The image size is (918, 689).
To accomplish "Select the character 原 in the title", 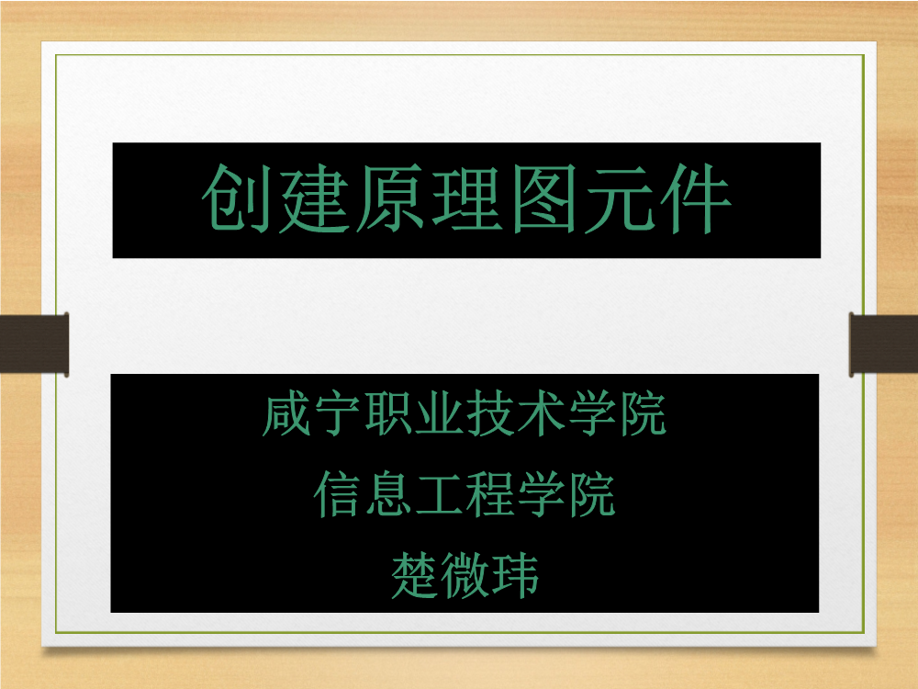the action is [x=389, y=198].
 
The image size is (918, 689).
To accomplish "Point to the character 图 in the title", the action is [x=543, y=198].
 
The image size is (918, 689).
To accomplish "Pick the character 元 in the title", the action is [x=620, y=198].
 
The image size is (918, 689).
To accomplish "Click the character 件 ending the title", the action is [x=696, y=198].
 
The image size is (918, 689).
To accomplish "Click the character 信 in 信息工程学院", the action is [x=337, y=494].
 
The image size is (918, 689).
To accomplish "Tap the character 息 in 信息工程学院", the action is [x=388, y=494].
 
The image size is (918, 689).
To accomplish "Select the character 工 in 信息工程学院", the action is [x=439, y=494].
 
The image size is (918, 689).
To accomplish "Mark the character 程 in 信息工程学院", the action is [x=490, y=494].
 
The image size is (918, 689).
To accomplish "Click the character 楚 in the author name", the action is [x=414, y=575].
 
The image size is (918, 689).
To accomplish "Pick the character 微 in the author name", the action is [x=465, y=575].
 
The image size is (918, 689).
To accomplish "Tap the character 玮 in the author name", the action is [x=515, y=575].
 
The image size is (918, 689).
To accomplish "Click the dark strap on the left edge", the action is [x=35, y=344].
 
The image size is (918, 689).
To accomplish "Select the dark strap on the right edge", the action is [x=883, y=344].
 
